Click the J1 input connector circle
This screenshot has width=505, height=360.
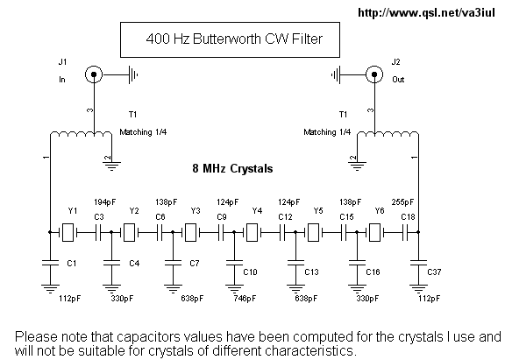pyautogui.click(x=94, y=74)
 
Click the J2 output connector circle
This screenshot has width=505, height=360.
pyautogui.click(x=374, y=74)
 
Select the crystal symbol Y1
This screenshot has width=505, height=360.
pyautogui.click(x=68, y=232)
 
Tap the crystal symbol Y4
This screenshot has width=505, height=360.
pyautogui.click(x=252, y=232)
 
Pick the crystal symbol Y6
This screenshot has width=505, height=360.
pyautogui.click(x=374, y=232)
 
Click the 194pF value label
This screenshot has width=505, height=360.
pyautogui.click(x=105, y=202)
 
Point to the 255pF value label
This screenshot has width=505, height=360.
pyautogui.click(x=402, y=202)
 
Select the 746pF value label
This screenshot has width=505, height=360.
pyautogui.click(x=245, y=299)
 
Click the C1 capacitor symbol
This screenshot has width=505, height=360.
pyautogui.click(x=50, y=263)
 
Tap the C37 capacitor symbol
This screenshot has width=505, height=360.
pyautogui.click(x=418, y=263)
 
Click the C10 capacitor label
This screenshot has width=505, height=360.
pyautogui.click(x=250, y=272)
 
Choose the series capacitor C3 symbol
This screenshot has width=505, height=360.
pyautogui.click(x=98, y=232)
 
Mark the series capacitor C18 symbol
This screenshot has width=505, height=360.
pyautogui.click(x=405, y=232)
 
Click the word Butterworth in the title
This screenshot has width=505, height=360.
pyautogui.click(x=226, y=39)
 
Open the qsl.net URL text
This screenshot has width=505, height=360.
pyautogui.click(x=426, y=12)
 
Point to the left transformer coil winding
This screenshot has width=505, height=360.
pyautogui.click(x=81, y=133)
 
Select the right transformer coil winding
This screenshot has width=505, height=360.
pyautogui.click(x=388, y=133)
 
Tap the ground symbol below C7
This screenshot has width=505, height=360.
pyautogui.click(x=173, y=288)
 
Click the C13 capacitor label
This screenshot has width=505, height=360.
pyautogui.click(x=311, y=272)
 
